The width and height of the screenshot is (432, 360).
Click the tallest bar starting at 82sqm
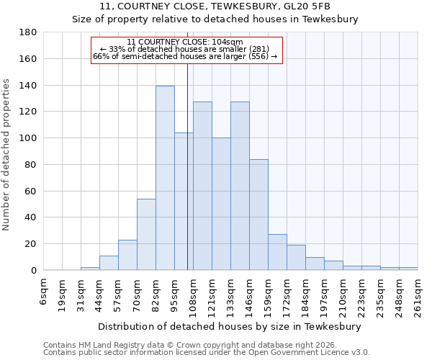(x=165, y=178)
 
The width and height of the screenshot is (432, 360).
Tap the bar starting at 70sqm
(x=146, y=234)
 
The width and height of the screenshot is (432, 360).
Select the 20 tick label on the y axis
(x=30, y=244)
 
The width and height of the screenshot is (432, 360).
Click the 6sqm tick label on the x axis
(x=43, y=289)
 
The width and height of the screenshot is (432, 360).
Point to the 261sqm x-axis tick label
(x=418, y=292)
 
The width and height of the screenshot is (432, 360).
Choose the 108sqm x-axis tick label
(x=193, y=292)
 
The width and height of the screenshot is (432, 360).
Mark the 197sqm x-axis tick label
(x=324, y=292)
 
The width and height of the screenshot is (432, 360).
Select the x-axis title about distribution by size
(x=229, y=326)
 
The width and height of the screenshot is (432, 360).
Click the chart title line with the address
(x=215, y=6)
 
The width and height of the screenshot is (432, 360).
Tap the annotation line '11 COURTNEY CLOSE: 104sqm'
(x=185, y=42)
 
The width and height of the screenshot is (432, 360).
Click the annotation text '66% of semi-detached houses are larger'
(x=185, y=56)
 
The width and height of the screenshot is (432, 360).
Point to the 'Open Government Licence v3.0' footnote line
(x=207, y=352)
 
